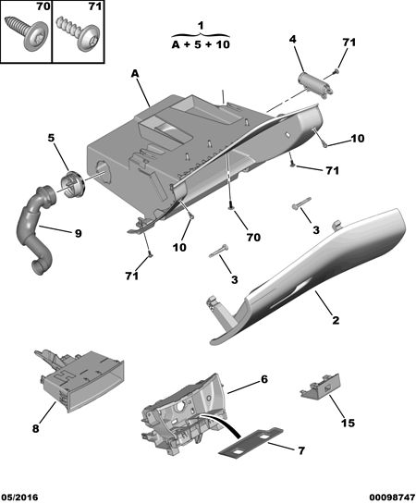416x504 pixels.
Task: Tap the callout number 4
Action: pos(293,39)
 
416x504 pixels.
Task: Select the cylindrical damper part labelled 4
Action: pos(315,84)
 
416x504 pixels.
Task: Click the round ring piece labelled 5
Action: pos(73,185)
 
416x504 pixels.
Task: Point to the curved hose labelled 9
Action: pos(35,228)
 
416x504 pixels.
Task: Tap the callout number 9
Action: pos(78,233)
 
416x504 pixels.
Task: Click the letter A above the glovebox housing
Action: pos(135,74)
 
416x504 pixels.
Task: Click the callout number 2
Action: pos(336,320)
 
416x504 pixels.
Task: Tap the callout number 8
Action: pos(36,428)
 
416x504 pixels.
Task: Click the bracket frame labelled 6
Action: pos(184,414)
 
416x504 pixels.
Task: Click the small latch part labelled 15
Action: pos(321,387)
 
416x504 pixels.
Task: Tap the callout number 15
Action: pos(348,423)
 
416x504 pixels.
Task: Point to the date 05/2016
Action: pos(19,498)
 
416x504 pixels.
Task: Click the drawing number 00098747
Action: pos(392,498)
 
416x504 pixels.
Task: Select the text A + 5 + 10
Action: pos(202,44)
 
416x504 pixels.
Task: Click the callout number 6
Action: pos(264,379)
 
